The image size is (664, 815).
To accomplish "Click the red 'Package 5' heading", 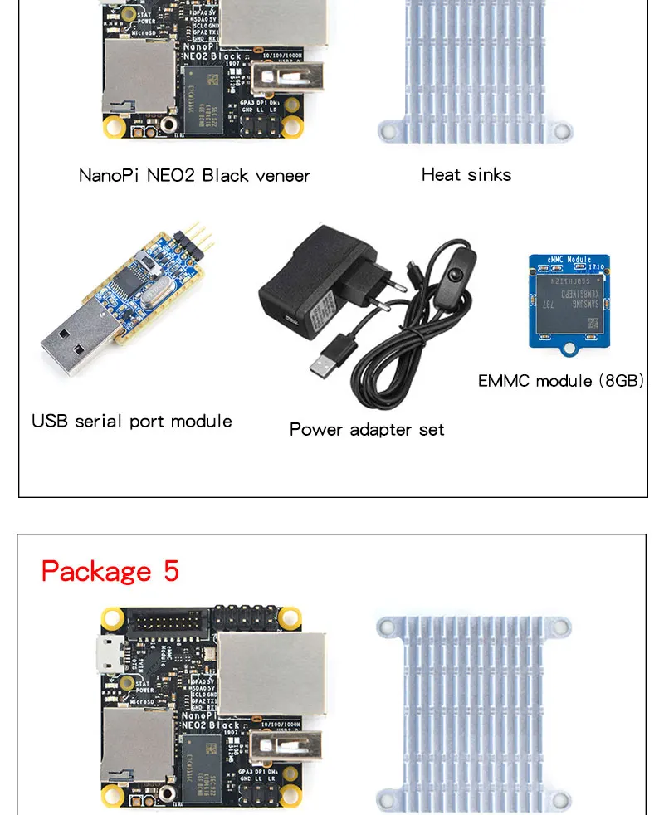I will point(110,571).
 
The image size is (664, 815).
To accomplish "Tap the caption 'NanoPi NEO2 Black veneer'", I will point(194,175).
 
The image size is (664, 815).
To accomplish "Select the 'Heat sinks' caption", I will point(466,174).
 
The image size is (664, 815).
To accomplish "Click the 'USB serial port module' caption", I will point(132,421).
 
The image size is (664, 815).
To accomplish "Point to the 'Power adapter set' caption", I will point(367,429).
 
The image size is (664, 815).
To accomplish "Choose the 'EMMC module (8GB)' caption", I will point(560,381).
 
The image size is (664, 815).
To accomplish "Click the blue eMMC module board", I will point(569,301).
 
